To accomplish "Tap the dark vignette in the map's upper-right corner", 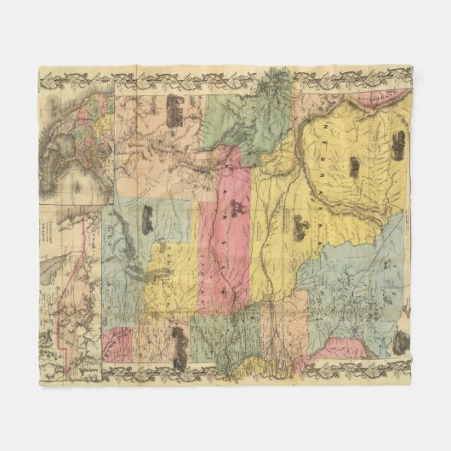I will tap(397, 147).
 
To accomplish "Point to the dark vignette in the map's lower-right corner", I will tap(400, 342).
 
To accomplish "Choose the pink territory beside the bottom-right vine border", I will tap(345, 349).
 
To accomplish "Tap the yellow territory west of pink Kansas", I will tap(174, 272).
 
